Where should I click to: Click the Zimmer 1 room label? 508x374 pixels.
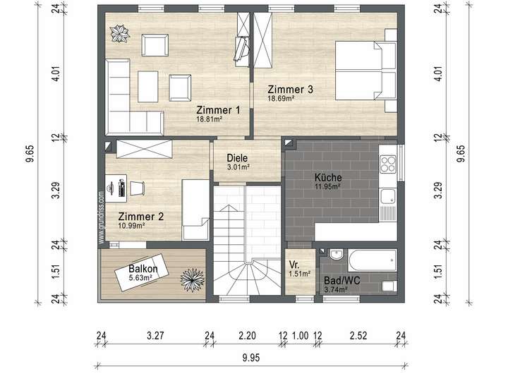218,110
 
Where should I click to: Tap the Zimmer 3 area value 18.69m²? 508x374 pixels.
281,98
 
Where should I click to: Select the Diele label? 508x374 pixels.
237,158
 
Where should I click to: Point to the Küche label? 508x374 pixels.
328,177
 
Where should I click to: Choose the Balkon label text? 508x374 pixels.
143,269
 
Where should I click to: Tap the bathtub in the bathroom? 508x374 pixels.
373,260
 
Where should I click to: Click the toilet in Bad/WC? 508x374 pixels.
389,286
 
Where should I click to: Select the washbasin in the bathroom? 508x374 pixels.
337,255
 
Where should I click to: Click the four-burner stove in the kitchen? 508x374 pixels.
388,164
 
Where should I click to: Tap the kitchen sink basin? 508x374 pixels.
387,197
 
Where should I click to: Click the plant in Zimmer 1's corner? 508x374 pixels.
119,34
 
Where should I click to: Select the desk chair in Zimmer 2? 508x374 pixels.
137,188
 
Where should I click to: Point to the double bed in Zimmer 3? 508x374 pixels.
366,71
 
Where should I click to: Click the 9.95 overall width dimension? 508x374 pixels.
251,358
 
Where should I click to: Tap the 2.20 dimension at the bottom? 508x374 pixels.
247,336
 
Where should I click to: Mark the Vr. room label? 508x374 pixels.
294,265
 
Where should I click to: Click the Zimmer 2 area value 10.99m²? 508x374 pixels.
131,226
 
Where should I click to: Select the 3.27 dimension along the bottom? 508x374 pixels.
155,336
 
